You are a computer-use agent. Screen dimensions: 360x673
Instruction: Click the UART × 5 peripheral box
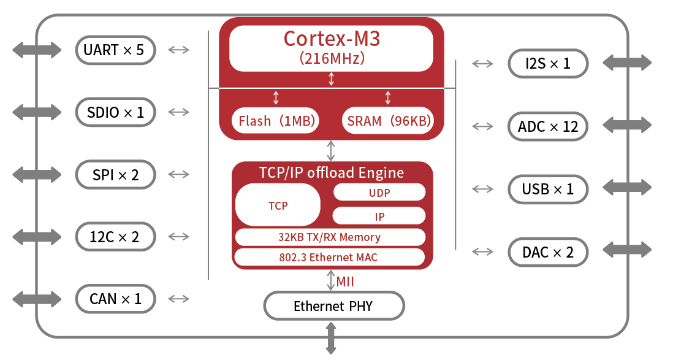115,50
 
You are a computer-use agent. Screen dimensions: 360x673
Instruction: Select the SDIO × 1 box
115,112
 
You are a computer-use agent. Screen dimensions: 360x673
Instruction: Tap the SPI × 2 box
115,175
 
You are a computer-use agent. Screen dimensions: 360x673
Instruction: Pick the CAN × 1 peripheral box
115,299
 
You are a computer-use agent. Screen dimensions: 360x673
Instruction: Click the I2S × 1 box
548,63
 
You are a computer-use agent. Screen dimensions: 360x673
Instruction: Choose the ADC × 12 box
548,126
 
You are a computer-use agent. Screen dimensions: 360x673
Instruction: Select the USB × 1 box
548,189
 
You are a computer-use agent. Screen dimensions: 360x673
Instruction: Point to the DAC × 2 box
548,252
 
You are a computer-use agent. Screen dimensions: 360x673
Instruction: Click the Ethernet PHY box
333,305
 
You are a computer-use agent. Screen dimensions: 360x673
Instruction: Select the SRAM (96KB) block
388,120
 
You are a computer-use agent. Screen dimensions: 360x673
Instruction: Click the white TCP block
278,205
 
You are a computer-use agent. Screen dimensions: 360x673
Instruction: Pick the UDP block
379,192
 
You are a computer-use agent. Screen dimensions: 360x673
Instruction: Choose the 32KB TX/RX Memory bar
329,237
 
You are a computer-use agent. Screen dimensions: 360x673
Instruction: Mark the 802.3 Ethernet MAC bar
329,257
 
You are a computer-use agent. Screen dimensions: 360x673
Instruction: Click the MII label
345,281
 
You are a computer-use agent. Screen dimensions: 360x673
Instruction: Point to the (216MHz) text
332,58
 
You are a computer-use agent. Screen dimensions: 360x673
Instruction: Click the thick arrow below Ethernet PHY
331,338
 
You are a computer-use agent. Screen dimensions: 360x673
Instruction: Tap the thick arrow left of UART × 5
37,50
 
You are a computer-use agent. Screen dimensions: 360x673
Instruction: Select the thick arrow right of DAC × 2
627,250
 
